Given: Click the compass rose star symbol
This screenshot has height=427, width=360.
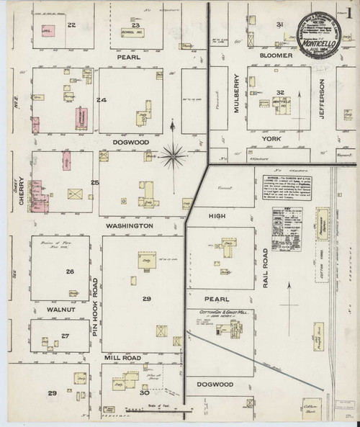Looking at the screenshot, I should pos(173,152).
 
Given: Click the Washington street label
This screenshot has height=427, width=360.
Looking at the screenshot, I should pos(130,225).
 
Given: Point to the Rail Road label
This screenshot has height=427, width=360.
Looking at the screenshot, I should pos(266,266).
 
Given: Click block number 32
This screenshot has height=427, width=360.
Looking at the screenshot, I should pos(279,94).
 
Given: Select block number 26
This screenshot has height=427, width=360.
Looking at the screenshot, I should pos(70,271).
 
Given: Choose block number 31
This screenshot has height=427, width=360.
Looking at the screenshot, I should pos(279,25).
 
